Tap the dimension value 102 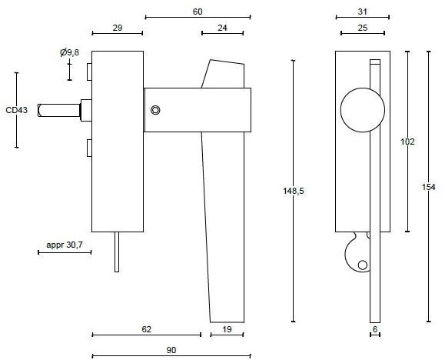(x=408, y=142)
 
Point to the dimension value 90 (x=171, y=350)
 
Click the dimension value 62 (x=145, y=328)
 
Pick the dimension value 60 (x=198, y=11)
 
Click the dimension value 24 (x=222, y=28)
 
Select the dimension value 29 (x=117, y=28)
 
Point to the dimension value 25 (x=361, y=28)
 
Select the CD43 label (x=16, y=111)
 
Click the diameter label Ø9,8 (x=69, y=52)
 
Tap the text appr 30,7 (x=64, y=244)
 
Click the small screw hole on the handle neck (x=156, y=110)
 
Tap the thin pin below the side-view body (x=116, y=251)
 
